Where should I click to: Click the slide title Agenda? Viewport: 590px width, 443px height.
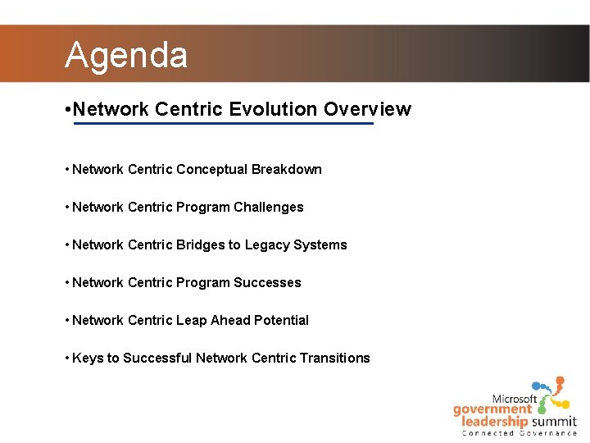coord(126,55)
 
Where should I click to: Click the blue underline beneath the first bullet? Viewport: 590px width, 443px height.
coord(223,124)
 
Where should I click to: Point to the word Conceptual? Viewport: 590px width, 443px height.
coord(211,169)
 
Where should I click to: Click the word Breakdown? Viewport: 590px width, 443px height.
coord(286,169)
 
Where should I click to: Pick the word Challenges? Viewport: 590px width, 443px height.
coord(268,207)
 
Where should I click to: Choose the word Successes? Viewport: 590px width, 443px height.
coord(267,282)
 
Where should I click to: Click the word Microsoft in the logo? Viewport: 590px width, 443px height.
coord(514,399)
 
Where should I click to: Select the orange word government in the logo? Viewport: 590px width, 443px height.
coord(492,409)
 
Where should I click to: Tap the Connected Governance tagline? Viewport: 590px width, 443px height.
coord(519,433)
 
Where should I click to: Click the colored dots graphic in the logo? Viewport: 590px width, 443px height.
coord(550,392)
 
